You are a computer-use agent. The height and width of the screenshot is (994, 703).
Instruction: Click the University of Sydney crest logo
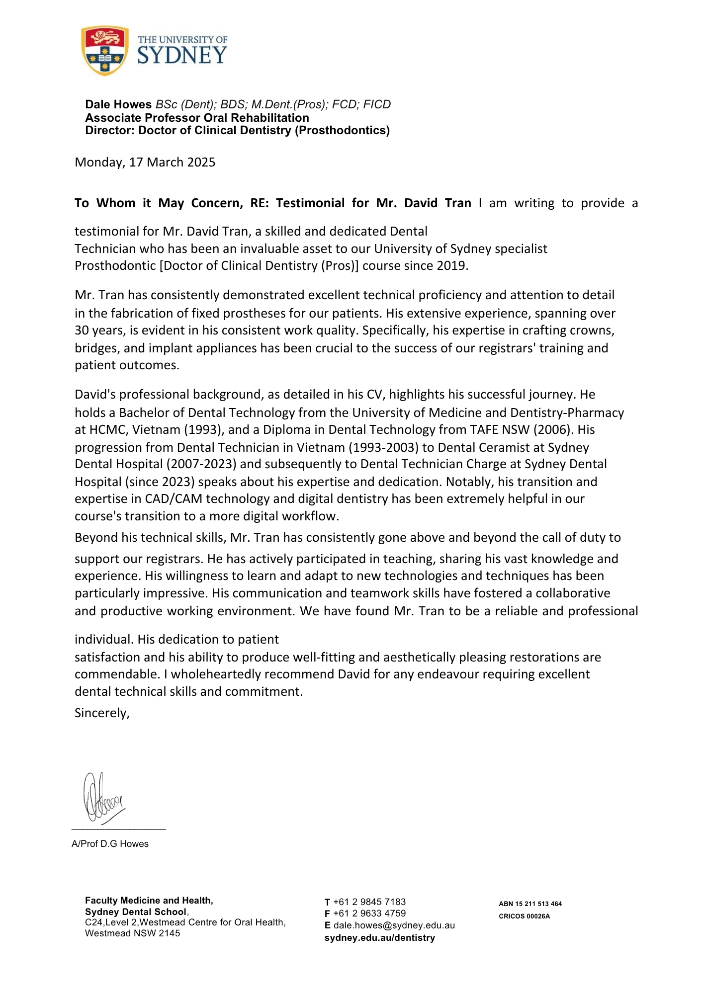point(104,51)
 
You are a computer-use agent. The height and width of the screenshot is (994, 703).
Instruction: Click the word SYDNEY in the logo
point(182,55)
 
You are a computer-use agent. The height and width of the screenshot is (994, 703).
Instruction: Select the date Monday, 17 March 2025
point(145,163)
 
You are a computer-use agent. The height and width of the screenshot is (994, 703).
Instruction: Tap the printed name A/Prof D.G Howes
point(110,844)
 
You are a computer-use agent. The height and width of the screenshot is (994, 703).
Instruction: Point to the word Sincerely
point(101,713)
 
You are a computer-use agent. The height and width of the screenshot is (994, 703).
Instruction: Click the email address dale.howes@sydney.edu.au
point(394,925)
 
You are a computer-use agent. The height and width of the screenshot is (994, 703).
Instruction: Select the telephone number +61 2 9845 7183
point(369,902)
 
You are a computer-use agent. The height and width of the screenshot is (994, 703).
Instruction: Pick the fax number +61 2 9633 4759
point(369,913)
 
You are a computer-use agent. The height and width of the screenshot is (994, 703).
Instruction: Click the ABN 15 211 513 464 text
point(530,904)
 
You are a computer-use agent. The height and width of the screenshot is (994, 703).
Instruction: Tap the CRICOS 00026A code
point(524,916)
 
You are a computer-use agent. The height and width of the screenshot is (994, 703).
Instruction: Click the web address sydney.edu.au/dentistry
point(379,938)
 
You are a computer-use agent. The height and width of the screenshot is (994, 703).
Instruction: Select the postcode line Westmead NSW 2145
point(132,933)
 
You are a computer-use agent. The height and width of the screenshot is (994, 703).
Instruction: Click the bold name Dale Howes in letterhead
point(118,104)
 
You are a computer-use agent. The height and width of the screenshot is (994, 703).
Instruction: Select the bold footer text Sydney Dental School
point(136,912)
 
